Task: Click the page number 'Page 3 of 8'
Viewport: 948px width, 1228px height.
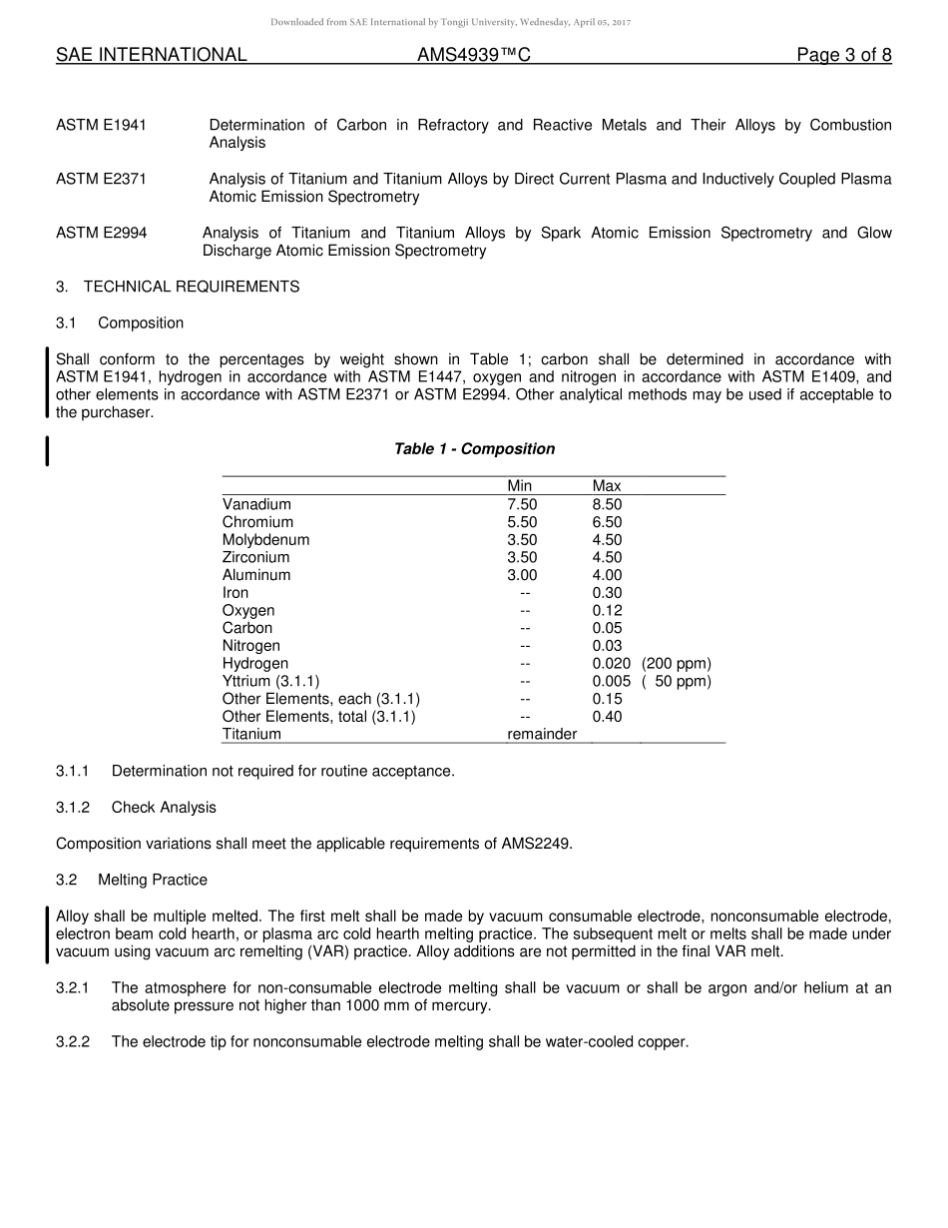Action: tap(843, 55)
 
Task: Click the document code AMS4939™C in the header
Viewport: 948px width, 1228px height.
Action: tap(473, 55)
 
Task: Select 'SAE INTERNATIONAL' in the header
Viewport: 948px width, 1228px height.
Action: tap(151, 55)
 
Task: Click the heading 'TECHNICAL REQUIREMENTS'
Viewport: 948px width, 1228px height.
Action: tap(191, 287)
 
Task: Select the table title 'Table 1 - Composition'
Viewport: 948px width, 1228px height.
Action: tap(474, 449)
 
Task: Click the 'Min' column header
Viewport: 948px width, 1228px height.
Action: tap(519, 486)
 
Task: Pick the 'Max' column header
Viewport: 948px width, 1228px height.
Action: tap(607, 486)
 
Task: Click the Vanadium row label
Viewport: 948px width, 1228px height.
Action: tap(256, 504)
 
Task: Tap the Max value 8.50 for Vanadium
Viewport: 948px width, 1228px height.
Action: tap(607, 504)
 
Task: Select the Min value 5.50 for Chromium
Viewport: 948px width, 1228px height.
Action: tap(522, 522)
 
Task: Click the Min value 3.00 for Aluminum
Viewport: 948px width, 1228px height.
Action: tap(522, 575)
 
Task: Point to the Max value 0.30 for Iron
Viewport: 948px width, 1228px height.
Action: tap(607, 593)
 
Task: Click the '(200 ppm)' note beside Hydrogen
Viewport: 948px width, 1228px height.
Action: tap(677, 664)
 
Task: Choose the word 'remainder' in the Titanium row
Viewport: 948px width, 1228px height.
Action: tap(542, 734)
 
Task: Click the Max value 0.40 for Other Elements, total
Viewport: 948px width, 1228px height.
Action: tap(607, 717)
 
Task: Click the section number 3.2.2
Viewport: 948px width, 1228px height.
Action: tap(73, 1042)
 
